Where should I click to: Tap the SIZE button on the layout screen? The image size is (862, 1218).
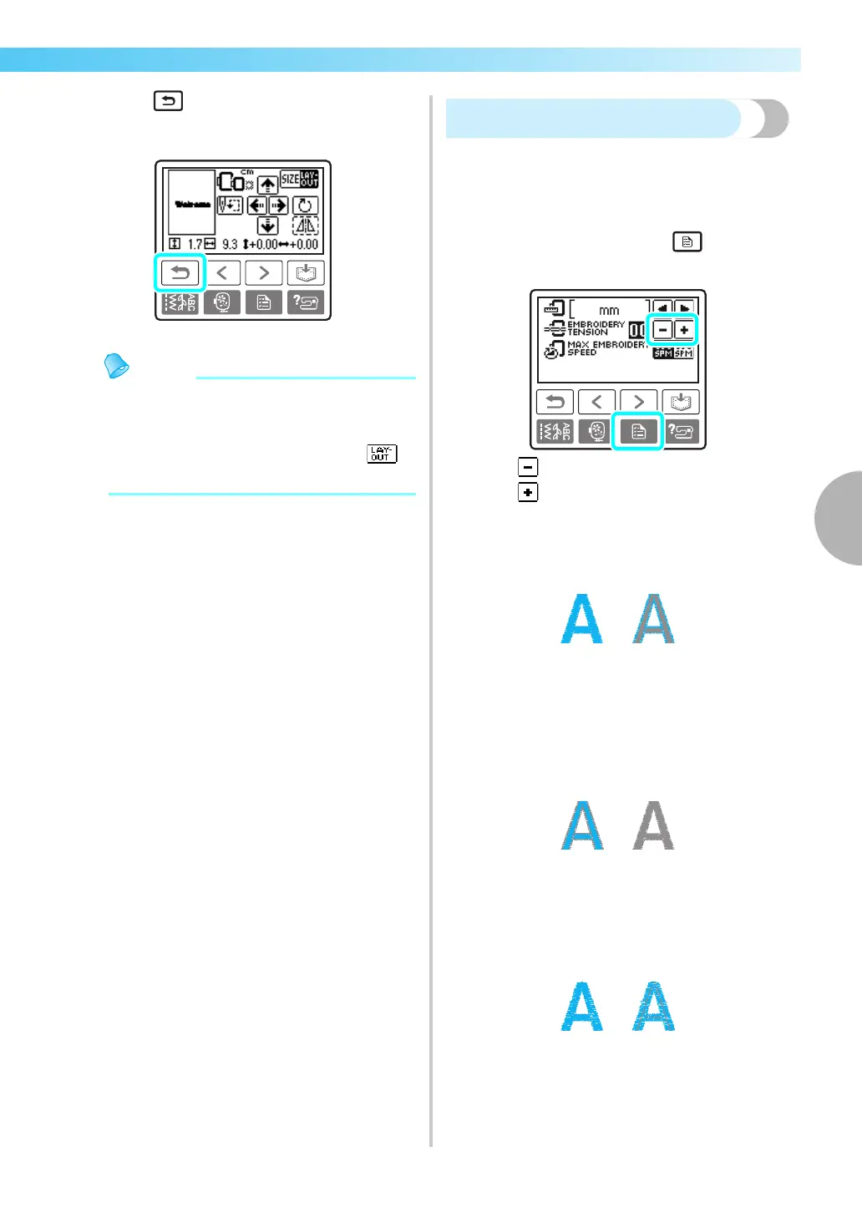[x=290, y=179]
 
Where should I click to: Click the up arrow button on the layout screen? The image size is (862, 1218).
[x=267, y=185]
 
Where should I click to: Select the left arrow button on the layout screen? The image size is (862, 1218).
[x=256, y=206]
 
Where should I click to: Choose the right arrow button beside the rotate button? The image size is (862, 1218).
[x=278, y=206]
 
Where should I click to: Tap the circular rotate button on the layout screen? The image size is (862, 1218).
[x=305, y=206]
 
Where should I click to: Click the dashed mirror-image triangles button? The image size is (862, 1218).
[x=305, y=226]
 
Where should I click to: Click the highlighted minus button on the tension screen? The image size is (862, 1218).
[x=662, y=330]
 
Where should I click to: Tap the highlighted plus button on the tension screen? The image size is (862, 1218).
[x=684, y=330]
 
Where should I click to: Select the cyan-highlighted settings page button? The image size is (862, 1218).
[x=638, y=431]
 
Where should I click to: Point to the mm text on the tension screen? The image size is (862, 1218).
[x=609, y=310]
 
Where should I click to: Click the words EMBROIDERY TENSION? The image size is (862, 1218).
[x=596, y=328]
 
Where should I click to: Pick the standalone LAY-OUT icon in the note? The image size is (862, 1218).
[x=382, y=454]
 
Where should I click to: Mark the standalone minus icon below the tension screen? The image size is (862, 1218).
[x=528, y=467]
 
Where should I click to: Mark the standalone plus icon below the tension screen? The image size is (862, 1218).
[x=528, y=492]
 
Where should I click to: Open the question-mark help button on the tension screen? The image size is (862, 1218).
[x=681, y=431]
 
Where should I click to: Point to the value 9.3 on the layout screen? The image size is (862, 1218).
[x=230, y=245]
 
